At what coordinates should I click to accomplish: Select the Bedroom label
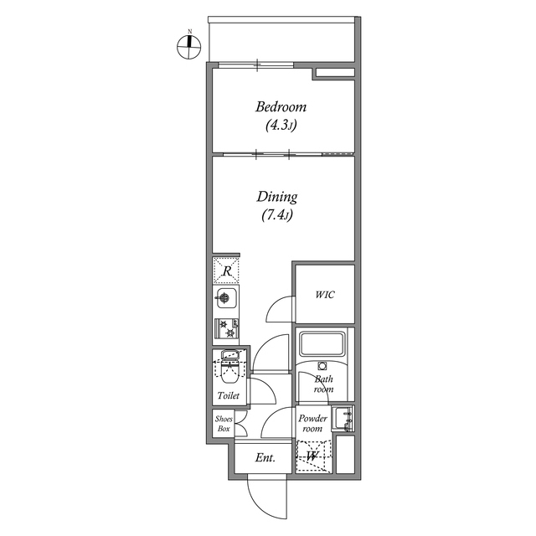click(281, 107)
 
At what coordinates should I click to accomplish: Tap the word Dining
click(277, 198)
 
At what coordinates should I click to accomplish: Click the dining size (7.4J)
click(277, 216)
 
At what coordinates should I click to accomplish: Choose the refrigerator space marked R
click(226, 270)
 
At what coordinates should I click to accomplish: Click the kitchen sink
click(226, 298)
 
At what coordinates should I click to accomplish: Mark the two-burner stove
click(227, 327)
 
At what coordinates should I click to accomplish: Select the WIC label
click(325, 295)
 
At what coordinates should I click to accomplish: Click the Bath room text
click(324, 384)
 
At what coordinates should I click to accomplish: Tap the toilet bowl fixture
click(228, 366)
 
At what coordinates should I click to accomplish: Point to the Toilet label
click(228, 395)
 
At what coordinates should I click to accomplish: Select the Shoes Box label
click(223, 423)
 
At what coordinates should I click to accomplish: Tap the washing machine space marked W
click(313, 456)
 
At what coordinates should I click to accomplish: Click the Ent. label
click(265, 458)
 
